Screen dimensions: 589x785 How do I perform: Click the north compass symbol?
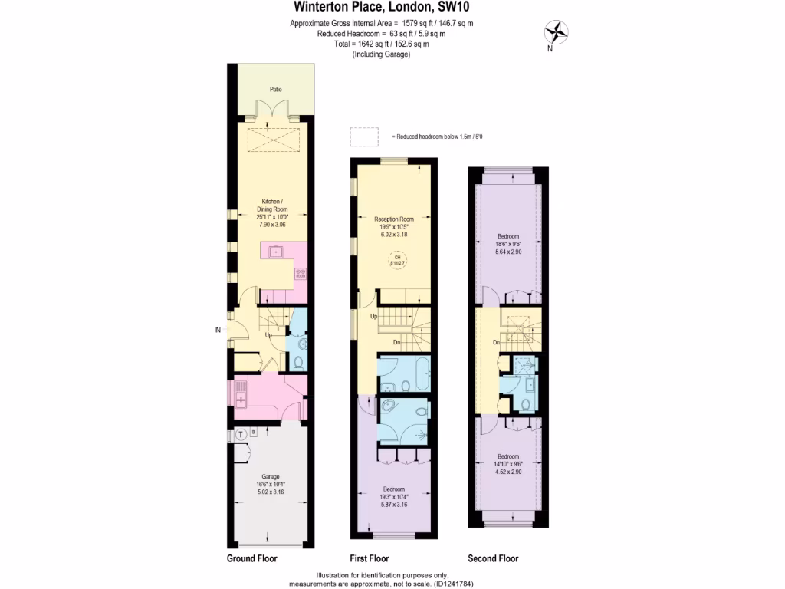tap(557, 32)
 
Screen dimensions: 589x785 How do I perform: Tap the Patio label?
tap(275, 90)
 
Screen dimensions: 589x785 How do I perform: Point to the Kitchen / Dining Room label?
tap(272, 206)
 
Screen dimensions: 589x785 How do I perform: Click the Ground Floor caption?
tap(251, 558)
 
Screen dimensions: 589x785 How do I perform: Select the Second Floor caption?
tap(493, 558)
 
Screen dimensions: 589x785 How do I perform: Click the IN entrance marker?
tap(217, 331)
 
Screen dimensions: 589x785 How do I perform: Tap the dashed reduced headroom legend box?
tap(364, 136)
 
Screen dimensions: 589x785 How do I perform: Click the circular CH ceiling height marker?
tap(397, 260)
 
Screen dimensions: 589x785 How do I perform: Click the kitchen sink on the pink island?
tap(274, 252)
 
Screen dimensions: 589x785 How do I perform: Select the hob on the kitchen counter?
tap(301, 272)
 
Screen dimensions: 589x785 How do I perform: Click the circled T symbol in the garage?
tap(241, 433)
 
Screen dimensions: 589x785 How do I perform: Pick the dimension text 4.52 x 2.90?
tap(508, 472)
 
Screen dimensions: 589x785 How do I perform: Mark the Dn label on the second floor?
tap(497, 342)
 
